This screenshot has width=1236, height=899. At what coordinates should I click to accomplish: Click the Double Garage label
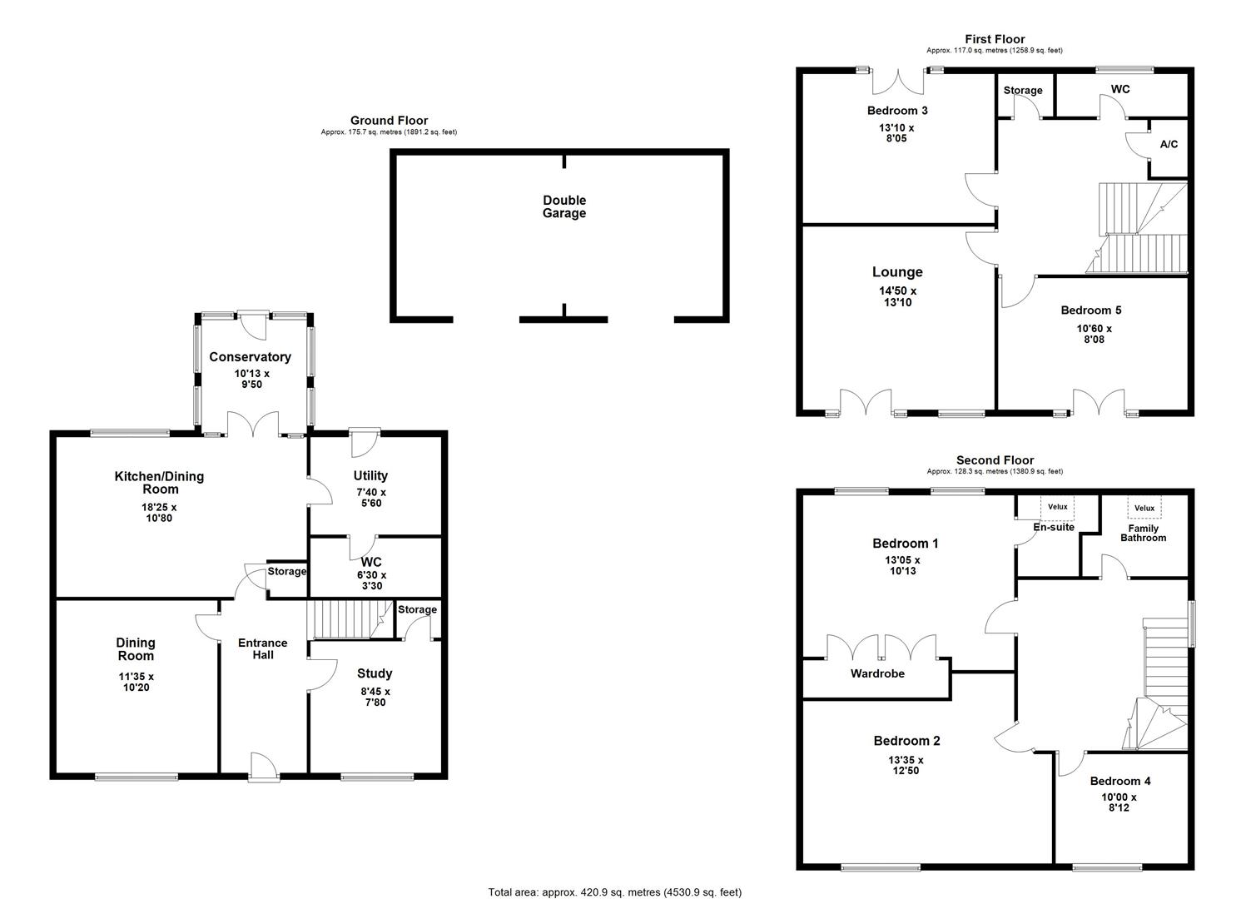(x=564, y=206)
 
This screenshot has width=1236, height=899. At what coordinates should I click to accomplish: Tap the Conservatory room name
(x=250, y=357)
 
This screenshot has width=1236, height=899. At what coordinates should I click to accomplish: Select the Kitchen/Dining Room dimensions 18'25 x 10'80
(x=158, y=513)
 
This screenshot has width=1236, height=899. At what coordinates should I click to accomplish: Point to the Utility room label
(x=370, y=476)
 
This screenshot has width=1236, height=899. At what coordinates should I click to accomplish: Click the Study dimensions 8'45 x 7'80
(x=375, y=697)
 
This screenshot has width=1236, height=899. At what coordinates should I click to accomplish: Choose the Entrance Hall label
(x=262, y=648)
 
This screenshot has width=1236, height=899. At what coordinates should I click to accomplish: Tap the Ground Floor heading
(x=389, y=121)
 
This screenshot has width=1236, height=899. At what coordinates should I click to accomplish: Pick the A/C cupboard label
(x=1169, y=145)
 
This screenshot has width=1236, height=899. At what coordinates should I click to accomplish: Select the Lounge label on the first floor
(x=897, y=272)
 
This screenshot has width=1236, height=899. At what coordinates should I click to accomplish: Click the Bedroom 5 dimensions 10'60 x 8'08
(x=1094, y=334)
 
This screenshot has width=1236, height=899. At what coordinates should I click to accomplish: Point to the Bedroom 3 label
(x=897, y=111)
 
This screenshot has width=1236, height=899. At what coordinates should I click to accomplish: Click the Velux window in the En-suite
(x=1057, y=507)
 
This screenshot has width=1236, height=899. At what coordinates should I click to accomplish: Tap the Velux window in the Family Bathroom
(x=1144, y=508)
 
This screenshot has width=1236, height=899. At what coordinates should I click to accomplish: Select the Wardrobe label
(x=877, y=673)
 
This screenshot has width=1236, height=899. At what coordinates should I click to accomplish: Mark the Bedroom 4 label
(x=1120, y=781)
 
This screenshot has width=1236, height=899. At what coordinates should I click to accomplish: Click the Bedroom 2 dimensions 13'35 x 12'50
(x=906, y=765)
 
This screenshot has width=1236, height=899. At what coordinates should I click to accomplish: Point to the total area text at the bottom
(x=614, y=892)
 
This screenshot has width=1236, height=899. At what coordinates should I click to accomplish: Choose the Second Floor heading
(x=995, y=460)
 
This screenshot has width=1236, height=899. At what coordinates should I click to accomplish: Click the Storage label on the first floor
(x=1022, y=91)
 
